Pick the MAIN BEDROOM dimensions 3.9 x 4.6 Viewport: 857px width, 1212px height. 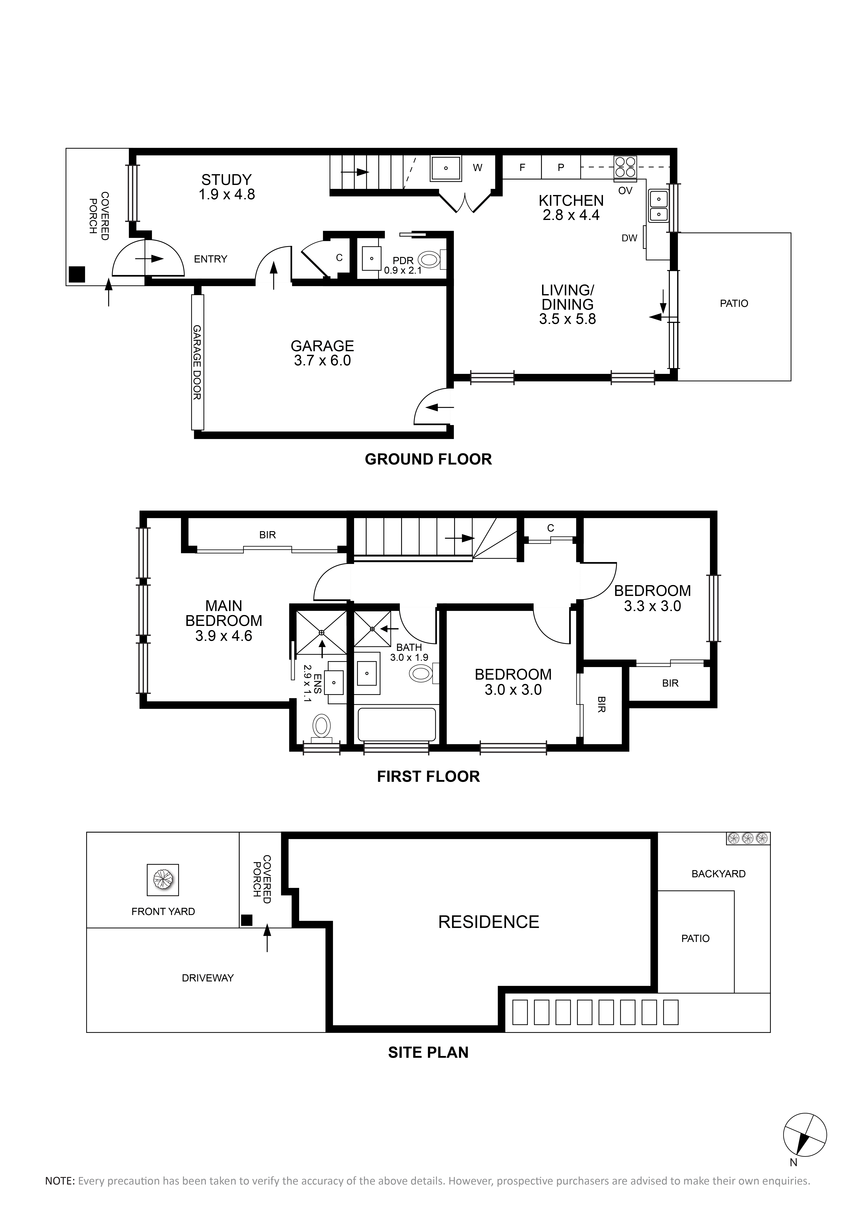(224, 636)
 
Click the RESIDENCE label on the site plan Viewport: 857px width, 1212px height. (489, 922)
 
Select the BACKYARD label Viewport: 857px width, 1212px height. (718, 874)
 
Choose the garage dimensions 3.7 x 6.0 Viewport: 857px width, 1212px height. (322, 361)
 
